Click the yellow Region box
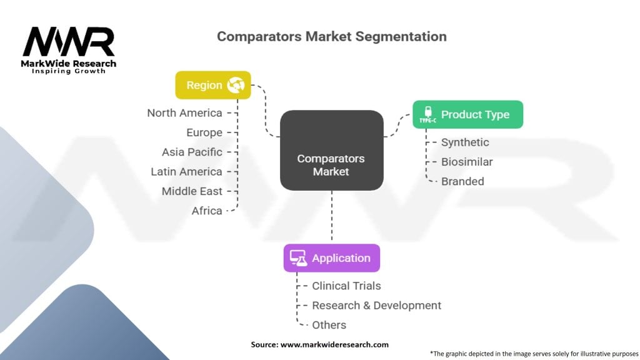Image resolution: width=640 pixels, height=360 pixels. (213, 85)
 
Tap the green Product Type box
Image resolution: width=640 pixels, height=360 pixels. (467, 114)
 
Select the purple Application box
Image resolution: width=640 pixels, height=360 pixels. (332, 258)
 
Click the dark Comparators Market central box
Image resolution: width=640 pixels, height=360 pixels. (332, 150)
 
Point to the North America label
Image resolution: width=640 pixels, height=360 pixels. (184, 113)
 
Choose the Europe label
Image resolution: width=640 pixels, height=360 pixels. (204, 132)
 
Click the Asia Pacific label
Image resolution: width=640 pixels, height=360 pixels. (192, 152)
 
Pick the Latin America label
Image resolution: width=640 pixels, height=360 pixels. (186, 172)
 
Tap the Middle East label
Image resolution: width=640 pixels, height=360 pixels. (192, 191)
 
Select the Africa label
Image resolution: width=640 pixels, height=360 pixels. (207, 211)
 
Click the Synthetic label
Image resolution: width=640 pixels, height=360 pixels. (465, 142)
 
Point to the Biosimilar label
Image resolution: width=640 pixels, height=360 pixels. (467, 162)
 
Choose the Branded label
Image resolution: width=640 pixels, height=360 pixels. (462, 182)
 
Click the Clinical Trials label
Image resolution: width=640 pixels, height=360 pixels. (346, 286)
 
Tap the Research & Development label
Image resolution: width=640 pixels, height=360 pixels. (376, 306)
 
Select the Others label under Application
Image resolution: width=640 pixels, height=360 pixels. (329, 325)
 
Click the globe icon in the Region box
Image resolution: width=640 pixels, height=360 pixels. (236, 85)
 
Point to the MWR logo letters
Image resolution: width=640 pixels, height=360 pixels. (69, 42)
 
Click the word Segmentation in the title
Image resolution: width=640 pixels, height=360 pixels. (401, 37)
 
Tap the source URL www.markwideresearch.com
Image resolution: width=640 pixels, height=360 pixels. (334, 344)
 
